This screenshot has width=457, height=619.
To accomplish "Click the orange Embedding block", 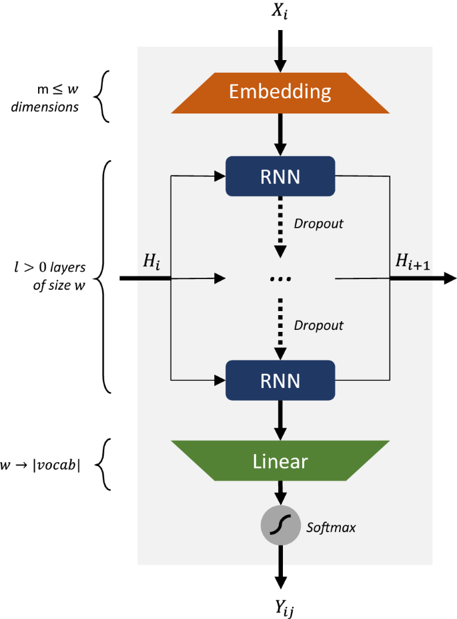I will point(280,92).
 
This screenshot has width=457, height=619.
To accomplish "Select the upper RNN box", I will point(280,176).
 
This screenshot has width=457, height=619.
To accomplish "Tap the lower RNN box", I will point(280,380).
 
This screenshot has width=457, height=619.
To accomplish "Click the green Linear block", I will point(280,461).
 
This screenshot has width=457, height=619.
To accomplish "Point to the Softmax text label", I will point(331,528).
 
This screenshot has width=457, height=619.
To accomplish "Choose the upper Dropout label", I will point(319,224).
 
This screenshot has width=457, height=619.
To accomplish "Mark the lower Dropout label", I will point(319,325).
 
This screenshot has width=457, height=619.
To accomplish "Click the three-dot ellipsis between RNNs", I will point(280,278).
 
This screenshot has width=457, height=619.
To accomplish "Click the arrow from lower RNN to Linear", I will point(280,420).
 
